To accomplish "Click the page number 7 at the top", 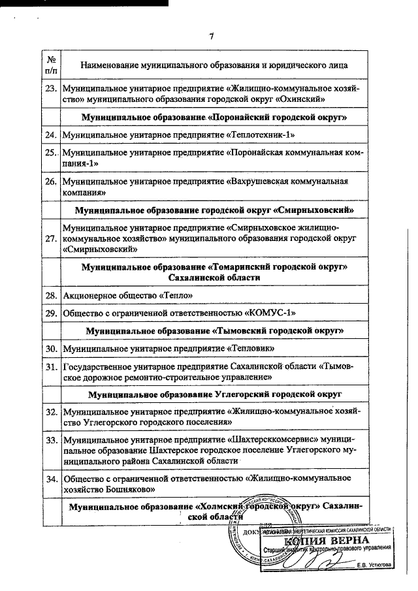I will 211,37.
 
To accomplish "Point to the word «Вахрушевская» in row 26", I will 259,182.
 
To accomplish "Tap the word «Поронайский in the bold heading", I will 210,117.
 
